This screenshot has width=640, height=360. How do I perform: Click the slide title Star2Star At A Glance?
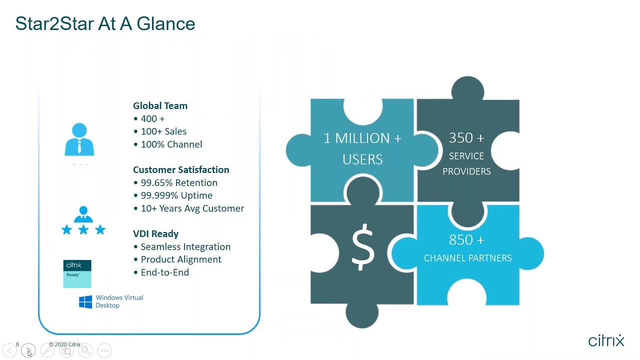(x=105, y=23)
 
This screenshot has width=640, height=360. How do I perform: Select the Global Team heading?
(x=160, y=105)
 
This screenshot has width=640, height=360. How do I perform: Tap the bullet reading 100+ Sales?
(x=163, y=131)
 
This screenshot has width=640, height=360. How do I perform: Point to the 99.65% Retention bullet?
(x=178, y=183)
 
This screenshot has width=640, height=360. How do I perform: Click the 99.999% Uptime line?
(x=176, y=195)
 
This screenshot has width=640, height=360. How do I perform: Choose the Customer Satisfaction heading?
(x=181, y=170)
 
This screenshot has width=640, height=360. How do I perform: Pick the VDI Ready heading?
(x=155, y=233)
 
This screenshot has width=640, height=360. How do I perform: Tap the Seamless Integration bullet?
(x=185, y=247)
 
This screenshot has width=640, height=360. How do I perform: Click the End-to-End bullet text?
(x=164, y=272)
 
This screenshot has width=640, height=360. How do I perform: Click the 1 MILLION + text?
(x=362, y=138)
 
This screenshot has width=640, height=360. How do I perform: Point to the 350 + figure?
(x=466, y=137)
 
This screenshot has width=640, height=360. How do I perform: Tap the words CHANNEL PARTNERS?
(x=467, y=258)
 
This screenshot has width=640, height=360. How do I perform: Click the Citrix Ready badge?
(x=77, y=273)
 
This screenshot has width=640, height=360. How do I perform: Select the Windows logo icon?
(x=85, y=302)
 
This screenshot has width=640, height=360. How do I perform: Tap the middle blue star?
(x=83, y=229)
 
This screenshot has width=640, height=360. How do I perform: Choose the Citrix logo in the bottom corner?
(x=606, y=340)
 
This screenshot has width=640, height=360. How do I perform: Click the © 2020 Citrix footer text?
(x=64, y=344)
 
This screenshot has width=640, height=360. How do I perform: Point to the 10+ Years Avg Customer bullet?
(x=192, y=208)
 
